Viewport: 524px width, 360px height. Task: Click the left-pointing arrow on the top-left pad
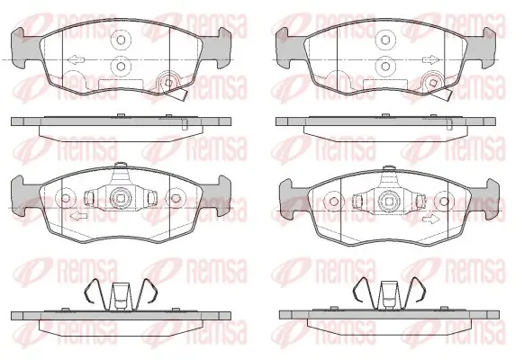(x=76, y=60)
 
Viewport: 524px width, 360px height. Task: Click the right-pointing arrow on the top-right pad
(x=430, y=60)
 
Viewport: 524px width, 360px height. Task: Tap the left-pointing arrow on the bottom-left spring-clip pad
(x=79, y=216)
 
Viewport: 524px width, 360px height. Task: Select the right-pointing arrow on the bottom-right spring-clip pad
(x=431, y=220)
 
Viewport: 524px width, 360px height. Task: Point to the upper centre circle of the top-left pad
(x=121, y=40)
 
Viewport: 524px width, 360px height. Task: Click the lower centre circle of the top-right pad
(x=385, y=66)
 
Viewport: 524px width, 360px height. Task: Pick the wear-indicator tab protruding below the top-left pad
(x=179, y=94)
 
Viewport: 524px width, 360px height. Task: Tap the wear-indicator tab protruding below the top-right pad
(x=444, y=94)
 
